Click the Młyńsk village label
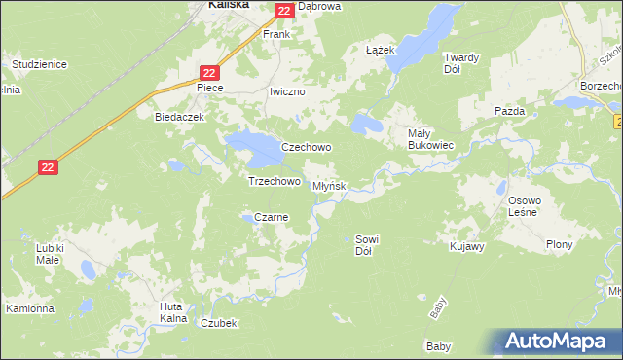click(329, 186)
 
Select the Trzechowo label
click(274, 181)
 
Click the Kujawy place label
click(467, 247)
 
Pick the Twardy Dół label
click(461, 62)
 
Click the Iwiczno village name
click(287, 91)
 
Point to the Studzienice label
click(39, 64)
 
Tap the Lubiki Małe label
click(48, 254)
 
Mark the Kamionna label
click(30, 308)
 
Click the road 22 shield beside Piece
click(210, 73)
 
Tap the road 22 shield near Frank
click(283, 11)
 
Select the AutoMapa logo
click(556, 342)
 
